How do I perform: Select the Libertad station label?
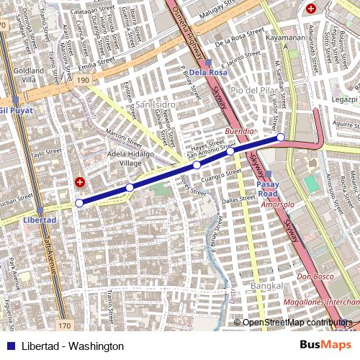pyautogui.click(x=39, y=219)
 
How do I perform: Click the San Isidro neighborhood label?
pyautogui.click(x=150, y=105)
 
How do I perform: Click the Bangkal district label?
pyautogui.click(x=253, y=287)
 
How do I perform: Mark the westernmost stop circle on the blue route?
pyautogui.click(x=79, y=203)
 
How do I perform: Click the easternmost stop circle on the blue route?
pyautogui.click(x=281, y=137)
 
